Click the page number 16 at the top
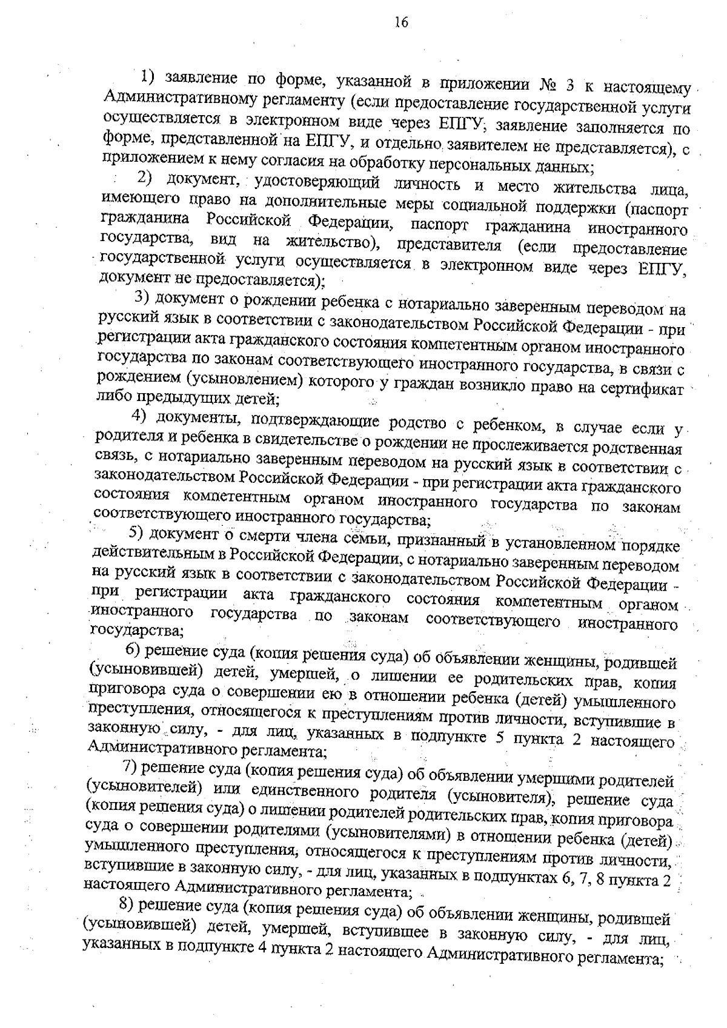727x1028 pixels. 401,22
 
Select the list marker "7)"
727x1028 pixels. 130,766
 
